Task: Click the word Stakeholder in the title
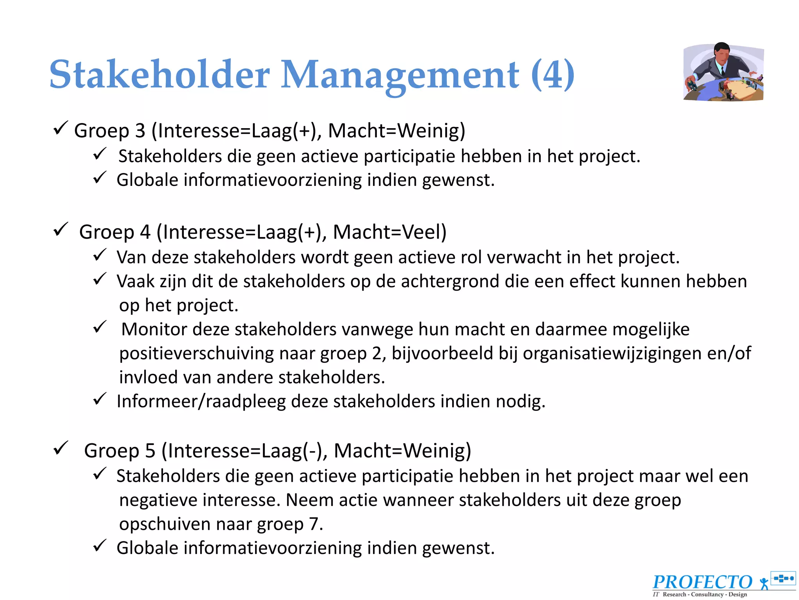[x=160, y=74]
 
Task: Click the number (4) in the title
[x=552, y=74]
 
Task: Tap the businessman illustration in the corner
[x=724, y=72]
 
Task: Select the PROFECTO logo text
[x=702, y=582]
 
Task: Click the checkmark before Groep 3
[x=60, y=128]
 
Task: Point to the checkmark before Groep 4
[x=60, y=230]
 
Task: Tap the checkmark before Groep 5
[x=60, y=448]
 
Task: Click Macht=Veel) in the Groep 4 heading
[x=389, y=232]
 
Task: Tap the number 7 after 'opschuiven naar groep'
[x=314, y=524]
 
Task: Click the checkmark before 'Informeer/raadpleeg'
[x=100, y=399]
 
